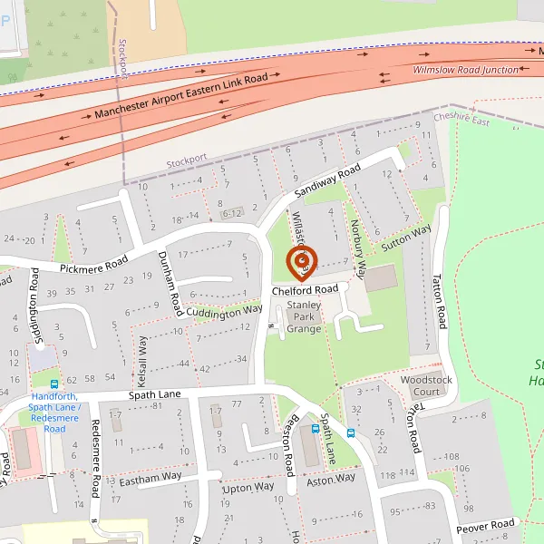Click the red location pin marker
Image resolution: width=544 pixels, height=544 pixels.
(x=302, y=261)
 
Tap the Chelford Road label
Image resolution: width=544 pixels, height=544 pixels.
(x=305, y=289)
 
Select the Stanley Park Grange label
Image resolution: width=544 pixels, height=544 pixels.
(x=304, y=317)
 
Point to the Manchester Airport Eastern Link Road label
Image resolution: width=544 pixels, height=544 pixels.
(x=181, y=98)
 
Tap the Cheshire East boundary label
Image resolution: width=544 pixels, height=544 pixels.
(x=461, y=119)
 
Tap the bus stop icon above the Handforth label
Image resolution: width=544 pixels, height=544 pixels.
(x=54, y=384)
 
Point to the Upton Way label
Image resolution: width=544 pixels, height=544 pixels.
(x=248, y=487)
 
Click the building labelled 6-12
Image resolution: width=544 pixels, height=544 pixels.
(x=232, y=213)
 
